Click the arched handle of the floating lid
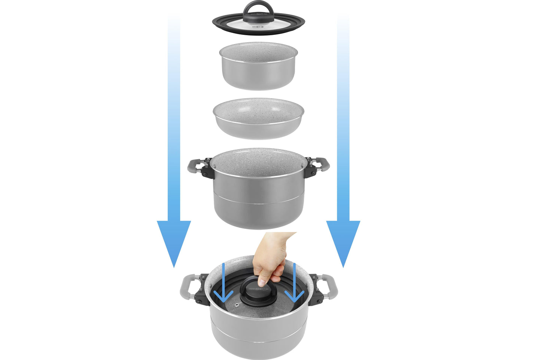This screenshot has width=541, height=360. [258, 7]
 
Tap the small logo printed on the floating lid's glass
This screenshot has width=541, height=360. [258, 27]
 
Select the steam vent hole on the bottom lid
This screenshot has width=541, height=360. [236, 306]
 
